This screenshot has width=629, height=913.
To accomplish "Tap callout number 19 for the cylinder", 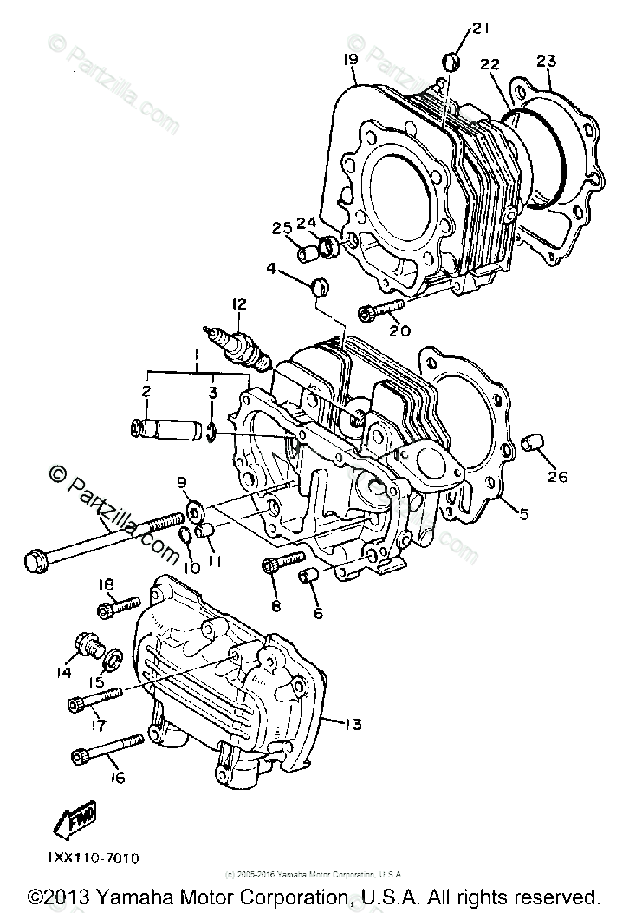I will point(350,60).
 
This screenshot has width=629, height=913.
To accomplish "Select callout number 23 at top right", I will point(546,61).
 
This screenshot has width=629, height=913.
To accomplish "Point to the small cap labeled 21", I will point(449,61).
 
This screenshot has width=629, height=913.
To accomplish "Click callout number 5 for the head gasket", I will point(522,512).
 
